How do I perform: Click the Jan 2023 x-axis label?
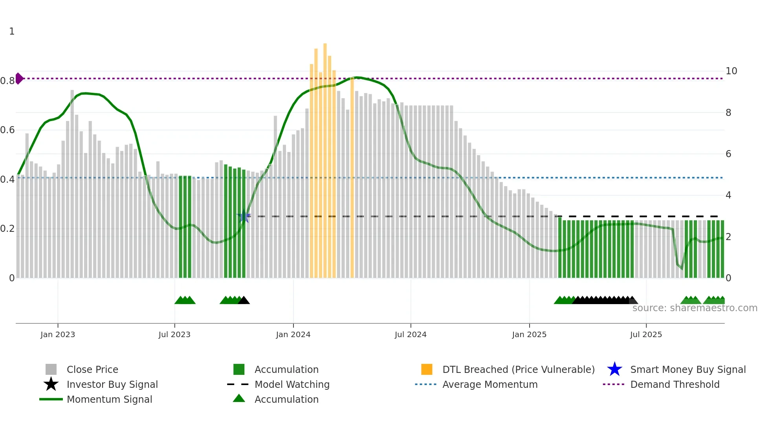[x=57, y=334]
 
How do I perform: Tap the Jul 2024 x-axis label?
[x=411, y=334]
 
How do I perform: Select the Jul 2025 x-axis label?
[x=646, y=334]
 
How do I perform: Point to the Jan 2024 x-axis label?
[x=293, y=334]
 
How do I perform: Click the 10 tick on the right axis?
[x=731, y=71]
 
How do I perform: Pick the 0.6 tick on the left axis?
[x=7, y=130]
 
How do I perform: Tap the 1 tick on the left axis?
[x=12, y=31]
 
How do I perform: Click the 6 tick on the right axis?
[x=728, y=154]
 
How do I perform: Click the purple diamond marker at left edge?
[x=19, y=79]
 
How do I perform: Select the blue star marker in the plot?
[x=244, y=216]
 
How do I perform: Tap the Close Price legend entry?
[x=92, y=369]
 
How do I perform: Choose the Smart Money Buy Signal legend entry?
[x=687, y=369]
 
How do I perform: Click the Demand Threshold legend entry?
[x=675, y=384]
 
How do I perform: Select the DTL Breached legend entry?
[x=518, y=369]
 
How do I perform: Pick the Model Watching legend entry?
[x=291, y=384]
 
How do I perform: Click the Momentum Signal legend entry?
[x=109, y=399]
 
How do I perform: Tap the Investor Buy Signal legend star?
[x=51, y=384]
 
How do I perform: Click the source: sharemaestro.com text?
[x=695, y=308]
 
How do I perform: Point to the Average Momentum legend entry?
[x=489, y=384]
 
